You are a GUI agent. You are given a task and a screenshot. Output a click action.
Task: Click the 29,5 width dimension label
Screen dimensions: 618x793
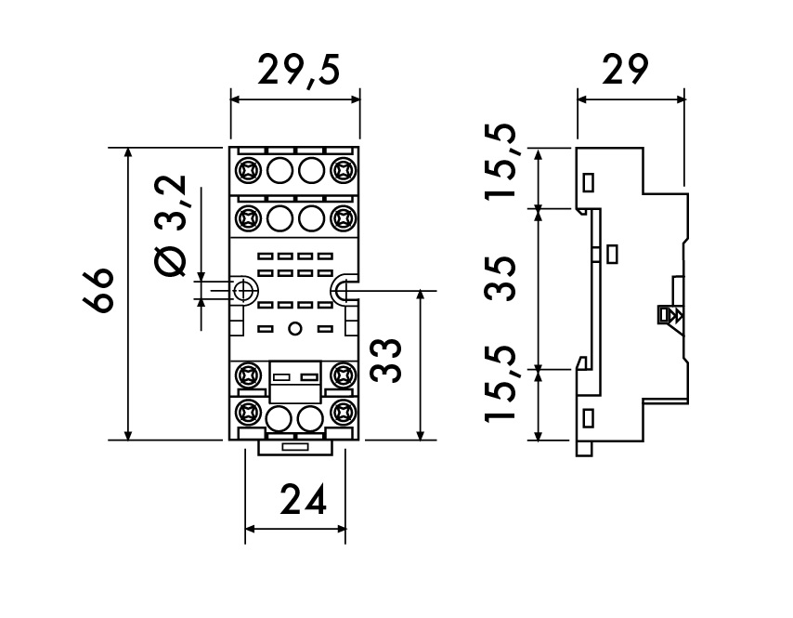tap(295, 71)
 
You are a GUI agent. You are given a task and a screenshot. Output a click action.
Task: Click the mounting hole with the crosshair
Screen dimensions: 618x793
tap(243, 291)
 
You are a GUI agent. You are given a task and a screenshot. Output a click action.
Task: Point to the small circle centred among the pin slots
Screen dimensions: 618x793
tap(294, 327)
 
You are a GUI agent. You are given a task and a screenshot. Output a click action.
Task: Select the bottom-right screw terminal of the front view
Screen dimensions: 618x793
tap(341, 410)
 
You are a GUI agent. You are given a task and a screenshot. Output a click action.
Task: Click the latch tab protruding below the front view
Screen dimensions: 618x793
tap(294, 447)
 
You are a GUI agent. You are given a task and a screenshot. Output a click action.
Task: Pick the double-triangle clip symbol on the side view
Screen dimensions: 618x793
tap(669, 315)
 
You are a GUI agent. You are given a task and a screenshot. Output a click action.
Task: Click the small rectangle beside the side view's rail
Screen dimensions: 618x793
tap(611, 253)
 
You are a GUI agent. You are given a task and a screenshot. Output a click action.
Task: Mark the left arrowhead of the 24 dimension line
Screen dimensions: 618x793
tap(250, 531)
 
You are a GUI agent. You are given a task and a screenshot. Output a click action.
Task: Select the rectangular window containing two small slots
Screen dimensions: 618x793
tap(294, 377)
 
